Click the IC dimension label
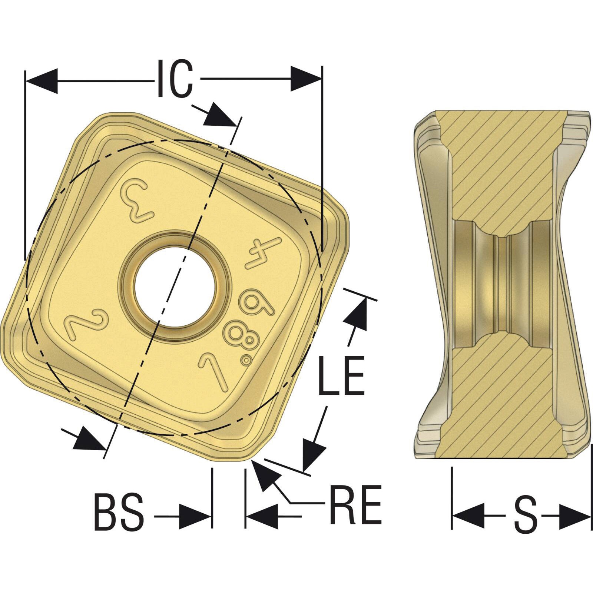[175, 79]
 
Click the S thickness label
[526, 515]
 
